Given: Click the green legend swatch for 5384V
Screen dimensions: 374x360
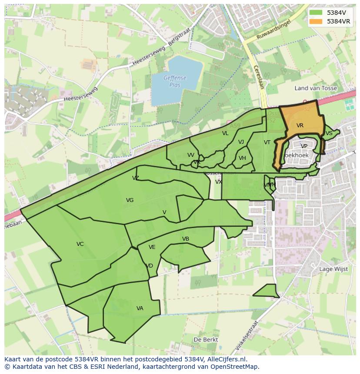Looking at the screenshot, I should pos(316,13).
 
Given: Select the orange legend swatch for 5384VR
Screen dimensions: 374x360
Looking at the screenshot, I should pos(316,21).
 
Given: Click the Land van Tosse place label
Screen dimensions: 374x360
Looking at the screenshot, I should pos(316,88).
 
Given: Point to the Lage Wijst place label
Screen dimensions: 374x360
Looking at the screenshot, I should pos(333,269).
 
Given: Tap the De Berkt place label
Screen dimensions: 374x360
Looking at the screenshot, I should pos(206,339).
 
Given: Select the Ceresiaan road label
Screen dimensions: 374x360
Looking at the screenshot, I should pos(259,77).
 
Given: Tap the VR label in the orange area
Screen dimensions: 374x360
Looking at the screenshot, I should pos(300,126).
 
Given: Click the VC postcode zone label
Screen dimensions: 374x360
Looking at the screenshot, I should pos(80,244).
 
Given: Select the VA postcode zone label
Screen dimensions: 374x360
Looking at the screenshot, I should pos(140,308).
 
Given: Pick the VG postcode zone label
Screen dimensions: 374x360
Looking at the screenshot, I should pos(130,200).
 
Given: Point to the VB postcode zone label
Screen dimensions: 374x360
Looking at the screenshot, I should pos(186,239).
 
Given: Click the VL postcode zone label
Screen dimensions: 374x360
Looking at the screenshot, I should pos(225,133).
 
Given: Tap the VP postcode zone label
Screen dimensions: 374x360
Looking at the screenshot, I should pos(304,146).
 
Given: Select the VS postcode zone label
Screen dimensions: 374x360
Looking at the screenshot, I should pos(329,133).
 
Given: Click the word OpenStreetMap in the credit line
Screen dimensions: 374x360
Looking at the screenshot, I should pos(234,367).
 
